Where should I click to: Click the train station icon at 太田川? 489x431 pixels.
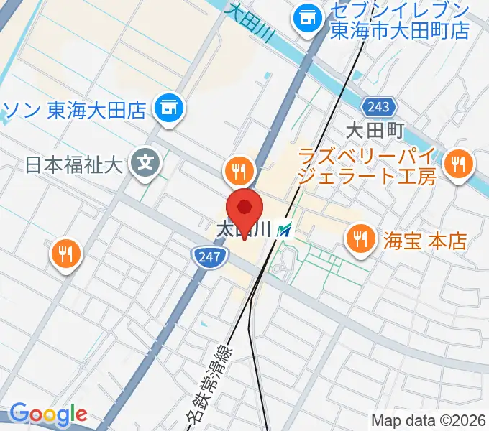[286, 230]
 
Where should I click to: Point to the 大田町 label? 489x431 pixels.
[375, 131]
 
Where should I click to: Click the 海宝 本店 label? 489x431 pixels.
[424, 240]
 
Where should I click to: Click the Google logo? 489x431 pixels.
[49, 414]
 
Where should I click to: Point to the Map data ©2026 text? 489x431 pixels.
[429, 420]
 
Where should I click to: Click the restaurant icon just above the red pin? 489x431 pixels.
[237, 170]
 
